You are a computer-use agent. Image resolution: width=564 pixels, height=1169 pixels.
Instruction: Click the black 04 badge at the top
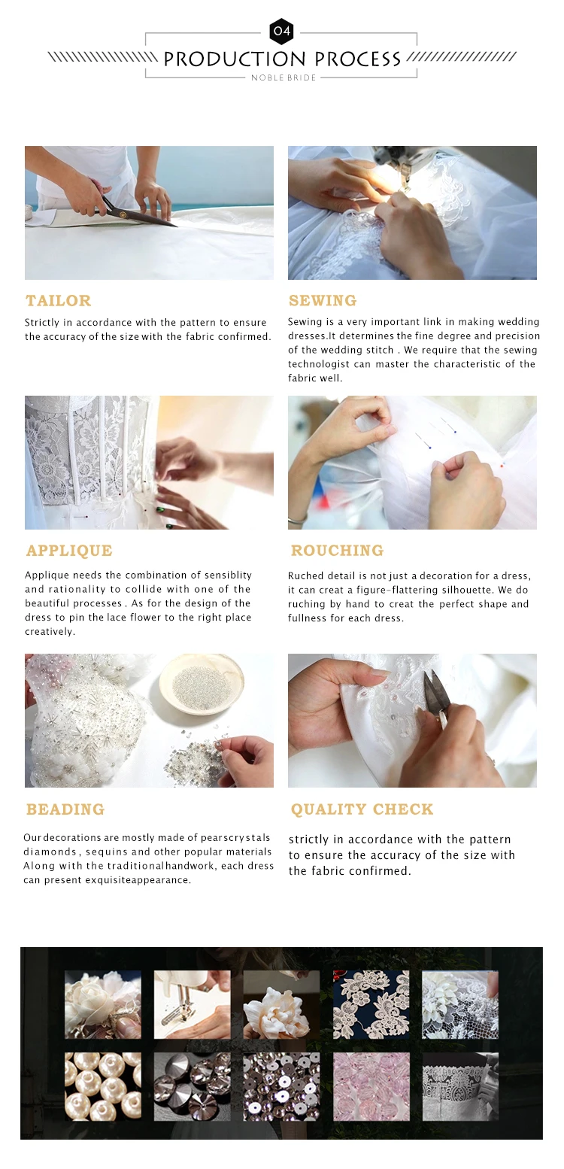pyautogui.click(x=282, y=31)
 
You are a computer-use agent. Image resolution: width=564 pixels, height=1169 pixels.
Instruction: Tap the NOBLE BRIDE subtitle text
pyautogui.click(x=284, y=77)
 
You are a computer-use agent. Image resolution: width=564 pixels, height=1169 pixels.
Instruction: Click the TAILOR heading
pyautogui.click(x=59, y=301)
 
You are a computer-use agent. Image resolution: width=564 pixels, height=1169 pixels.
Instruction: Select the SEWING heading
pyautogui.click(x=323, y=301)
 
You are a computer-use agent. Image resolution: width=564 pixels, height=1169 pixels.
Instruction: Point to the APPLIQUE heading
pyautogui.click(x=69, y=551)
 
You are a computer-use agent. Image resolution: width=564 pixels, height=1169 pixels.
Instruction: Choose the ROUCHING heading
pyautogui.click(x=337, y=551)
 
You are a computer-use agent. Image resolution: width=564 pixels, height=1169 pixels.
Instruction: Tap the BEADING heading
pyautogui.click(x=65, y=809)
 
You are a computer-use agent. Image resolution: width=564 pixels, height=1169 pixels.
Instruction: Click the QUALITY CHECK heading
pyautogui.click(x=362, y=809)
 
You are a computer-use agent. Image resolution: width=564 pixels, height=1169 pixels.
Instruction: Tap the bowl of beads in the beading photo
pyautogui.click(x=202, y=684)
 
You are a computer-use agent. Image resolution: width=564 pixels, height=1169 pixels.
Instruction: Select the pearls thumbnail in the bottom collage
pyautogui.click(x=103, y=1086)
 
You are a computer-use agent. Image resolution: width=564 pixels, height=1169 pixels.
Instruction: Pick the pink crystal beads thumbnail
pyautogui.click(x=371, y=1086)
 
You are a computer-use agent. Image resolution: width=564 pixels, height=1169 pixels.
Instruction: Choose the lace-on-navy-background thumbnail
pyautogui.click(x=371, y=1004)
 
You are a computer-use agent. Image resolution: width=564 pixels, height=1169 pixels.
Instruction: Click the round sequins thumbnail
pyautogui.click(x=282, y=1086)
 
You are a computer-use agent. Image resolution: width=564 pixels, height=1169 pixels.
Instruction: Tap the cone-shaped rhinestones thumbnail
pyautogui.click(x=192, y=1086)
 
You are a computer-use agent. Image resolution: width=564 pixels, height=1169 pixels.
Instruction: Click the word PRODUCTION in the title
pyautogui.click(x=235, y=59)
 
